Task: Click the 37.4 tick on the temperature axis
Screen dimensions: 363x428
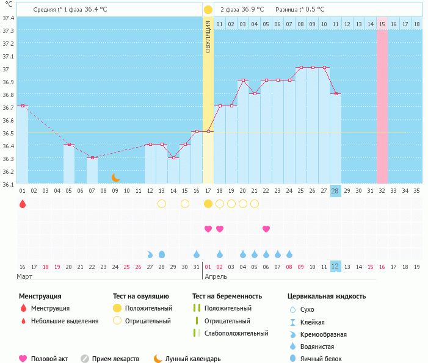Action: point(8,18)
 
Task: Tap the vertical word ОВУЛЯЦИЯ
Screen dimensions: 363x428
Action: point(208,36)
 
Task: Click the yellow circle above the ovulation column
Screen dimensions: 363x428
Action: point(208,10)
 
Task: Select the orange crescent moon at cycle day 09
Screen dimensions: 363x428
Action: point(115,178)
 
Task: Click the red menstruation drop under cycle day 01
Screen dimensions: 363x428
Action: point(23,204)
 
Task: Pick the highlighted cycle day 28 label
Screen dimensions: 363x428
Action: point(335,190)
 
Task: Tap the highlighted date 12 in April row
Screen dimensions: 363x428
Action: point(335,266)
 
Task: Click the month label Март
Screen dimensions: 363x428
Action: point(25,276)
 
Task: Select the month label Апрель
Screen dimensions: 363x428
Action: point(216,276)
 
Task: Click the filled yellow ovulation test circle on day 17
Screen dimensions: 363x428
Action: point(208,204)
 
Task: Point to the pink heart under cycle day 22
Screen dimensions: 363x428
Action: point(266,229)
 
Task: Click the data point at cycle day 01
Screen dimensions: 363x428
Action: point(23,106)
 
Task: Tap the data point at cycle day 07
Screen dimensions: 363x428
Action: point(92,157)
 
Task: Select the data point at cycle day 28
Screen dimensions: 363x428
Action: point(335,93)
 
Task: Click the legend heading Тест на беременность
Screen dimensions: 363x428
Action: point(227,296)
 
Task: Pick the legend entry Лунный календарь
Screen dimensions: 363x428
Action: point(193,359)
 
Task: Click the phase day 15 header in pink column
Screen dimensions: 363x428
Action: point(382,24)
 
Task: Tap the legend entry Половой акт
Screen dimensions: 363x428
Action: point(52,359)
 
